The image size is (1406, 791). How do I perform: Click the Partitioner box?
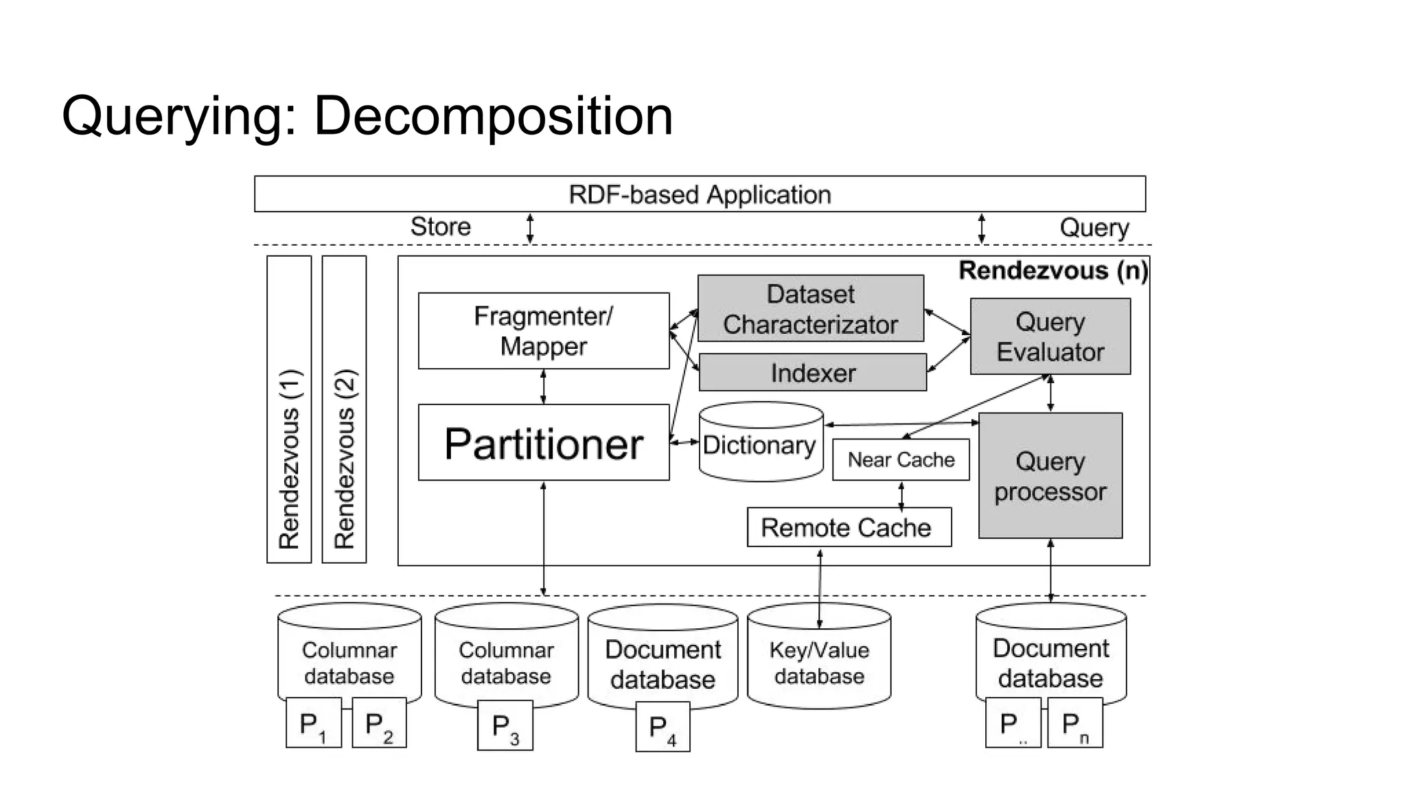pyautogui.click(x=543, y=443)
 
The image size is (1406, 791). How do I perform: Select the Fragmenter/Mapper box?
pyautogui.click(x=543, y=331)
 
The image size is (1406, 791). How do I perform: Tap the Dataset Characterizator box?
pyautogui.click(x=810, y=309)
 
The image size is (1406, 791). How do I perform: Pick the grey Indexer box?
pyautogui.click(x=812, y=373)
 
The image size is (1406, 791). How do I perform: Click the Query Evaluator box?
pyautogui.click(x=1050, y=336)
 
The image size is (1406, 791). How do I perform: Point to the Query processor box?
pyautogui.click(x=1050, y=476)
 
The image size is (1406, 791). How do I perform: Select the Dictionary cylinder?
pyautogui.click(x=760, y=444)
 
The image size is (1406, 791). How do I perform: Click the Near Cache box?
pyautogui.click(x=900, y=459)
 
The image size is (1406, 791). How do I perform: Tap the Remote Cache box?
pyautogui.click(x=849, y=527)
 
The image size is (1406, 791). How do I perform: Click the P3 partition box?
pyautogui.click(x=505, y=725)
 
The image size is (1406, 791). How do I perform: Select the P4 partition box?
pyautogui.click(x=662, y=726)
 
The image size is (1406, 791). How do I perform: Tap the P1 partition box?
pyautogui.click(x=313, y=723)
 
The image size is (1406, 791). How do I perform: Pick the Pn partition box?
pyautogui.click(x=1074, y=723)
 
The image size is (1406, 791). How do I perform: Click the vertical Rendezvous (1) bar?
pyautogui.click(x=289, y=410)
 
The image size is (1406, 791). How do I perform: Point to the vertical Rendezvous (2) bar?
pyautogui.click(x=344, y=410)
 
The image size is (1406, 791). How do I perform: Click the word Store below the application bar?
pyautogui.click(x=440, y=227)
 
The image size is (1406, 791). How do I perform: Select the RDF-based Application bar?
pyautogui.click(x=699, y=194)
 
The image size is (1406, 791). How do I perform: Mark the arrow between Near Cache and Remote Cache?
pyautogui.click(x=901, y=494)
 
